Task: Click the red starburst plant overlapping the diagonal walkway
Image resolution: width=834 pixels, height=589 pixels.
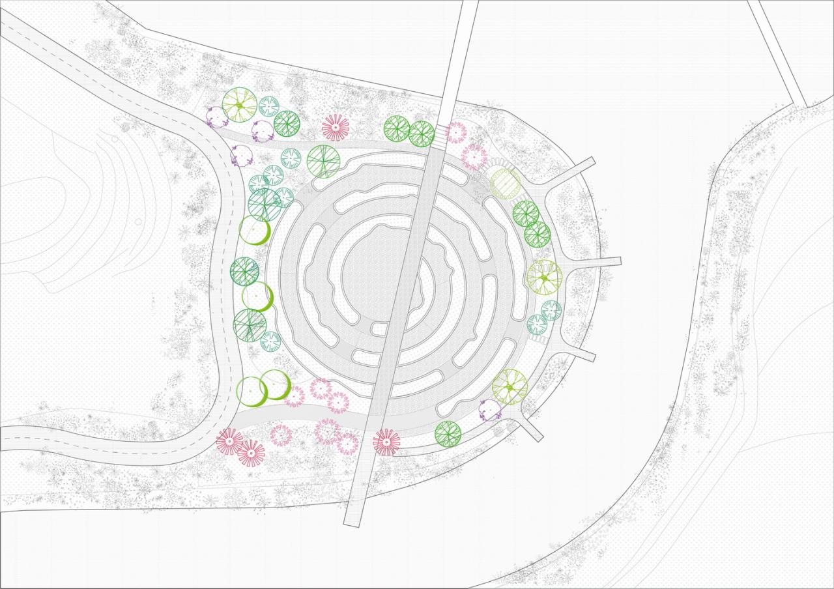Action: [x=386, y=442]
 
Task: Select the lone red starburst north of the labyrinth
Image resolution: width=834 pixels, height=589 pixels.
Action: [x=336, y=128]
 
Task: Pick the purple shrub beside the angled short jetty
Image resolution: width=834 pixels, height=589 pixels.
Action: [x=489, y=410]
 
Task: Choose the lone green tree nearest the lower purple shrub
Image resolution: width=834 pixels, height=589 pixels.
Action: [x=448, y=433]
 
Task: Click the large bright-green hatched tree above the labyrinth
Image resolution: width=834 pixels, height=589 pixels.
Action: [x=323, y=161]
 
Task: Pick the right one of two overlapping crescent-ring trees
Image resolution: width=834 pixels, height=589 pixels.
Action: [x=276, y=384]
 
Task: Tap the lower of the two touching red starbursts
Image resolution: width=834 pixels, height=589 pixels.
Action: [x=251, y=452]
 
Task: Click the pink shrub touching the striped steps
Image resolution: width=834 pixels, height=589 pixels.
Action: [x=457, y=133]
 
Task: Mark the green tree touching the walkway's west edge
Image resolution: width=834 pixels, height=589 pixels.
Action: [x=421, y=134]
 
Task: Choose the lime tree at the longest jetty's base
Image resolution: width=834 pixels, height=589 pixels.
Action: [x=544, y=277]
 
